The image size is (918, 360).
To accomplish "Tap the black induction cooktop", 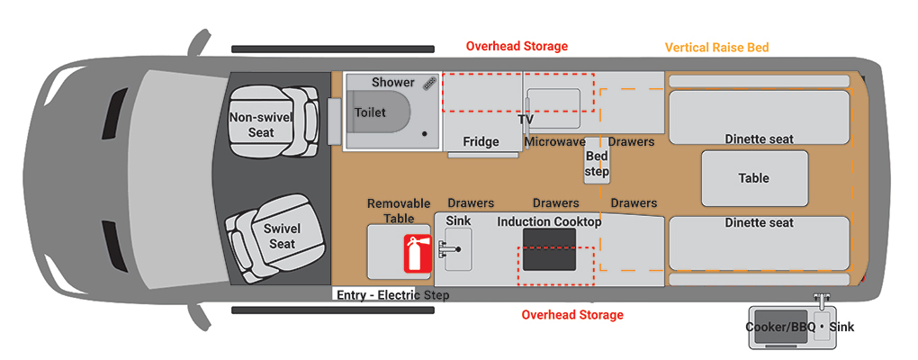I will pyautogui.click(x=549, y=248).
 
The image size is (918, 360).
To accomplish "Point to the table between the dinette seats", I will pyautogui.click(x=753, y=178).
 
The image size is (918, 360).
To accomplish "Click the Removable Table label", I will pyautogui.click(x=399, y=211).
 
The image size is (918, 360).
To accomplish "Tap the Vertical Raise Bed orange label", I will pyautogui.click(x=716, y=47).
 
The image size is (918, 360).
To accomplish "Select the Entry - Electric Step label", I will pyautogui.click(x=391, y=295).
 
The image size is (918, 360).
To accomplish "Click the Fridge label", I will pyautogui.click(x=481, y=142).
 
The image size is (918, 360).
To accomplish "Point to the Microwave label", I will pyautogui.click(x=555, y=142).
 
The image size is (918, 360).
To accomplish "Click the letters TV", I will pyautogui.click(x=526, y=119).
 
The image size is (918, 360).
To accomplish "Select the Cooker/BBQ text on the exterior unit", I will pyautogui.click(x=780, y=327).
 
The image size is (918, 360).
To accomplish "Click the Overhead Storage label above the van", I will pyautogui.click(x=517, y=46).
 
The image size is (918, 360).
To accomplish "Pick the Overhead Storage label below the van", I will pyautogui.click(x=572, y=315).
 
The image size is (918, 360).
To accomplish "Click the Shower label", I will pyautogui.click(x=393, y=82).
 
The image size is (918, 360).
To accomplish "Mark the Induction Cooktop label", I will pyautogui.click(x=549, y=221).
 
